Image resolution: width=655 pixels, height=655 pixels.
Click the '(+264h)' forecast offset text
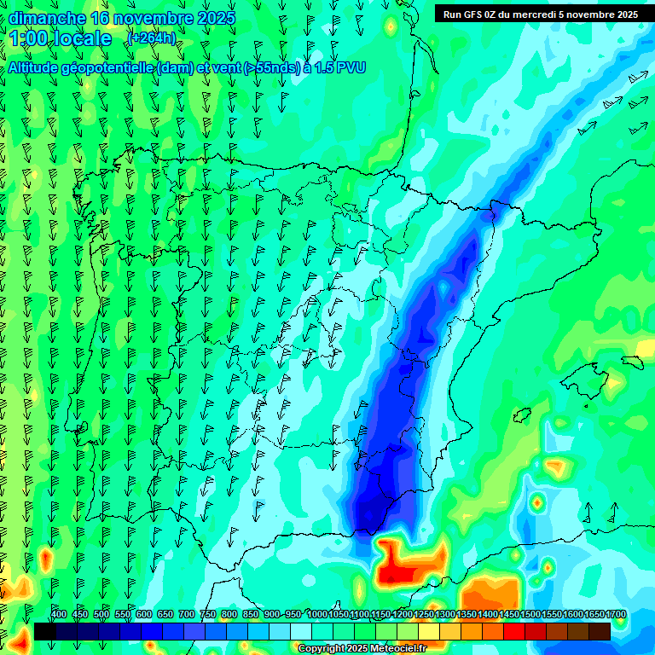[x=151, y=38]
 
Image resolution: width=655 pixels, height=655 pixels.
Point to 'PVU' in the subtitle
[x=351, y=67]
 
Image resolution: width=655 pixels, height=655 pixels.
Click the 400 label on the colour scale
[x=59, y=615]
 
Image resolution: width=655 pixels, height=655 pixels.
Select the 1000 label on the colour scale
[x=316, y=615]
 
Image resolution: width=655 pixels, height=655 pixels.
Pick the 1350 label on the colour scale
[x=466, y=615]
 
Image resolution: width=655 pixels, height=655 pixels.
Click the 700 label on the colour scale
[x=187, y=615]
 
